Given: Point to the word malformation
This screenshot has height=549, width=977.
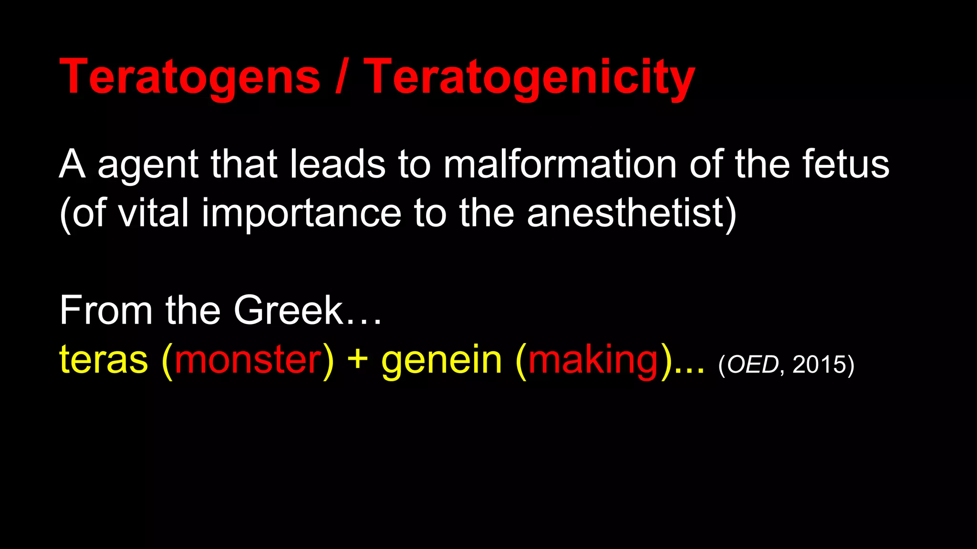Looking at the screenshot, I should pyautogui.click(x=560, y=164).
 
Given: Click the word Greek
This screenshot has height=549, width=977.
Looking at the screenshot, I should pyautogui.click(x=289, y=310).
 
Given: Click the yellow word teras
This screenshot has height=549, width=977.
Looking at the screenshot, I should pyautogui.click(x=104, y=360).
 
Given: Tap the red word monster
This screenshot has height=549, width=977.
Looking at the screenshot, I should pyautogui.click(x=248, y=360).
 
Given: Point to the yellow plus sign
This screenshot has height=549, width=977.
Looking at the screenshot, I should pyautogui.click(x=357, y=360).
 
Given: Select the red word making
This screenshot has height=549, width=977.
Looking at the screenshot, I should pyautogui.click(x=593, y=360).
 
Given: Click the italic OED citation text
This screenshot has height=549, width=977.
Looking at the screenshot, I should pyautogui.click(x=752, y=365).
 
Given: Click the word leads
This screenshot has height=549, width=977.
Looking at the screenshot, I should pyautogui.click(x=337, y=164).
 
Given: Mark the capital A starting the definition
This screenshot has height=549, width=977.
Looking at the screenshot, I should pyautogui.click(x=72, y=164).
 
